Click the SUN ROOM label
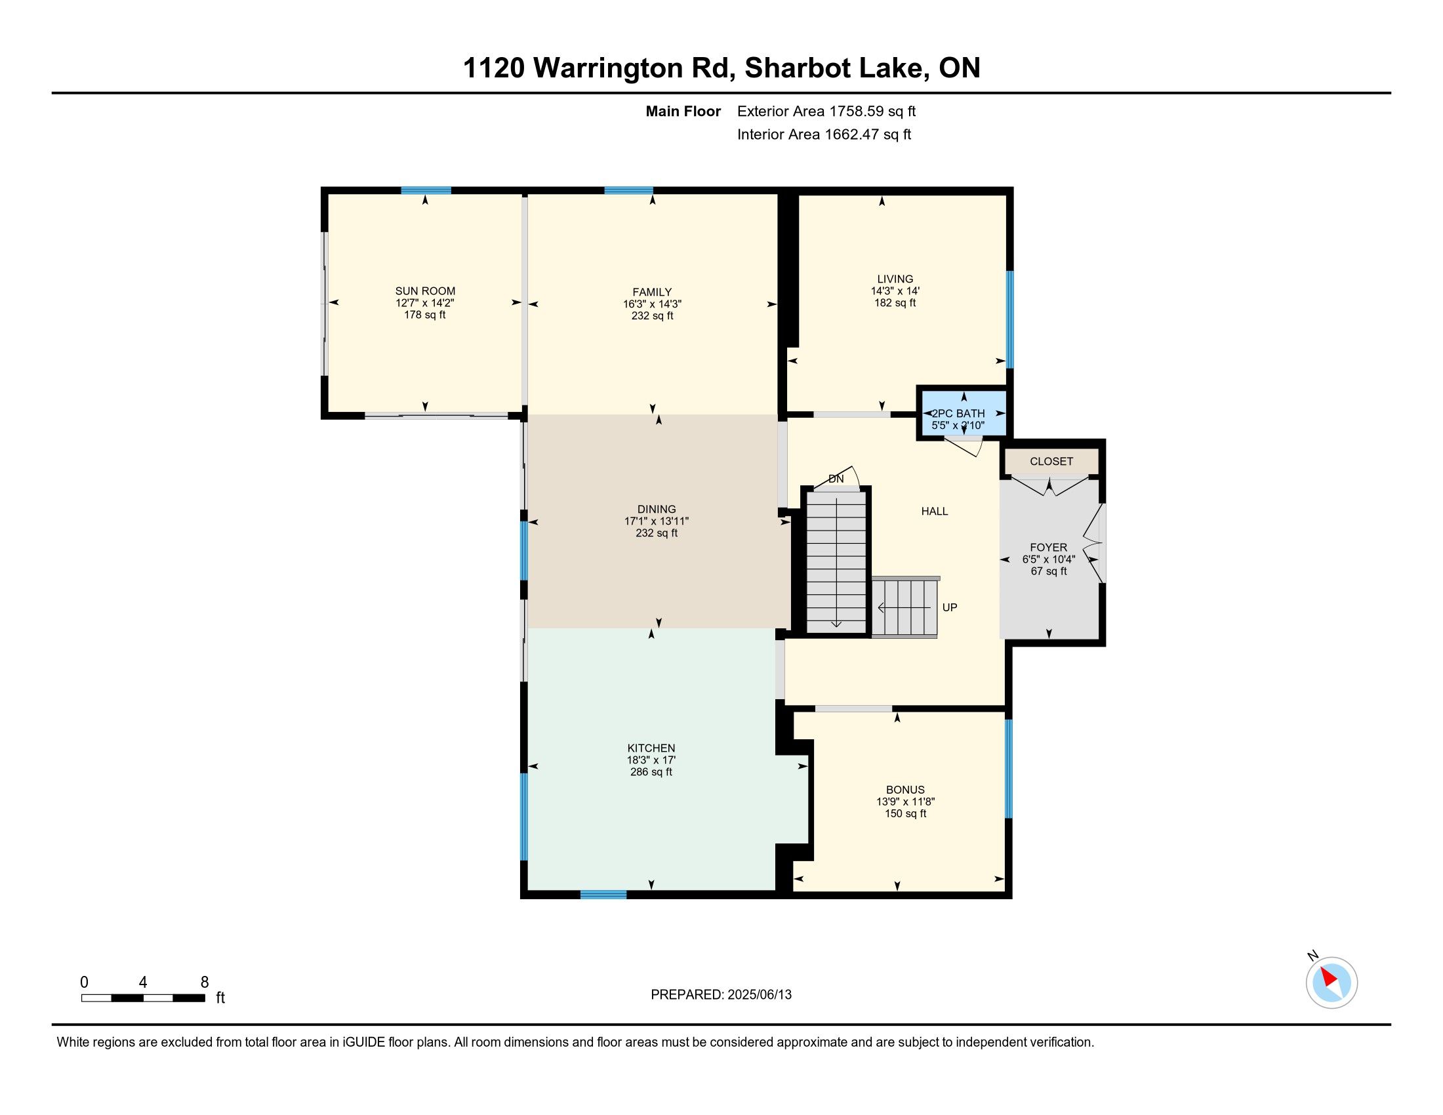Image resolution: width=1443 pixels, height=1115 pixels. click(425, 291)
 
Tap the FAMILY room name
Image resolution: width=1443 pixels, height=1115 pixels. click(652, 292)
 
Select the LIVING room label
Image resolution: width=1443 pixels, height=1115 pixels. click(895, 279)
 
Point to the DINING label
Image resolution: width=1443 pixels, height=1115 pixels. click(657, 509)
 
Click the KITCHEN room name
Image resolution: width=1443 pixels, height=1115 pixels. click(651, 748)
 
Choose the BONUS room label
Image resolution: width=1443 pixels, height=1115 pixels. click(905, 790)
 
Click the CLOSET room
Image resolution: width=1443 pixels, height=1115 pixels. click(1051, 461)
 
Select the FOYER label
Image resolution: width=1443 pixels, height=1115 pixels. click(1049, 547)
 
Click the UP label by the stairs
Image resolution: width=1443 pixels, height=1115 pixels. click(950, 607)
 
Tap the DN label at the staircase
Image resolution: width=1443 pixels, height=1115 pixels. click(836, 479)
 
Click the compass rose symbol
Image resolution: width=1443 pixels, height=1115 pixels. click(1331, 983)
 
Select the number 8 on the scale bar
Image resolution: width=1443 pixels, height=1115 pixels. click(204, 982)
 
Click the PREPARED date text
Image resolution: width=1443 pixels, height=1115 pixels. click(721, 994)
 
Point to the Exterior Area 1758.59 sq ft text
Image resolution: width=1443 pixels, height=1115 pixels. click(826, 111)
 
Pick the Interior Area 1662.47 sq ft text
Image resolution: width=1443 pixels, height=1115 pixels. click(824, 134)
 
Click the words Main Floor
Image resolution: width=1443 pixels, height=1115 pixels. click(683, 111)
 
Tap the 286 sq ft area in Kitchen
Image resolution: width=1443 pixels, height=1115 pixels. click(651, 771)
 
